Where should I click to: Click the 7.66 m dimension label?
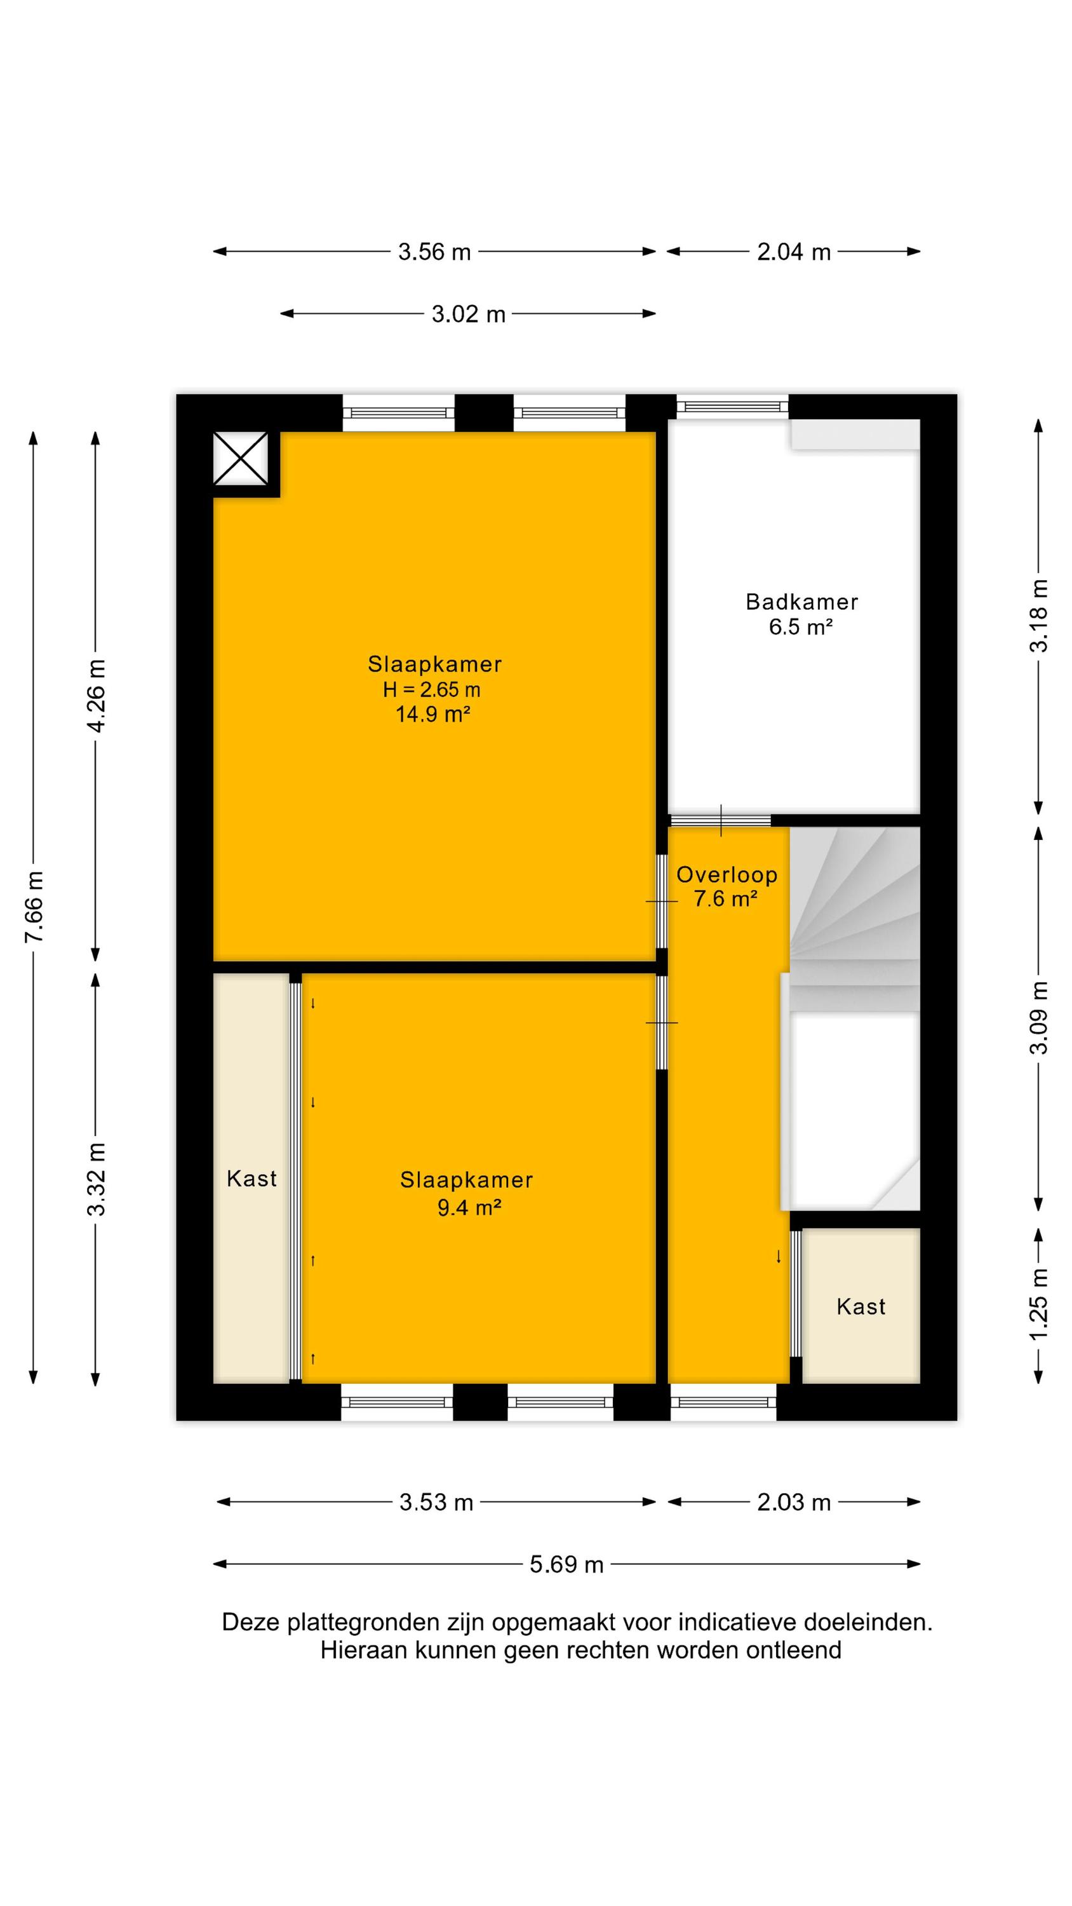coord(35,907)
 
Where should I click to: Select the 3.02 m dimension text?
coord(468,314)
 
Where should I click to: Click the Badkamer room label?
coord(802,602)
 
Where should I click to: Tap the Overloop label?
coord(727,875)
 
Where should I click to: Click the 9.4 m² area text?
coord(469,1208)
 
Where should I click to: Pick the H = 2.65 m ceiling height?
coord(431,689)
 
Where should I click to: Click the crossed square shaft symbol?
coord(241,459)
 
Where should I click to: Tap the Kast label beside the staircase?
coord(861,1307)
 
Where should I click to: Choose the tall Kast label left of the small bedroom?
coord(251,1179)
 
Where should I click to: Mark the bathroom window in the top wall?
coord(732,406)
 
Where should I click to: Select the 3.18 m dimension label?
coord(1040,615)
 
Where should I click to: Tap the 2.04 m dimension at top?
coord(794,252)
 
